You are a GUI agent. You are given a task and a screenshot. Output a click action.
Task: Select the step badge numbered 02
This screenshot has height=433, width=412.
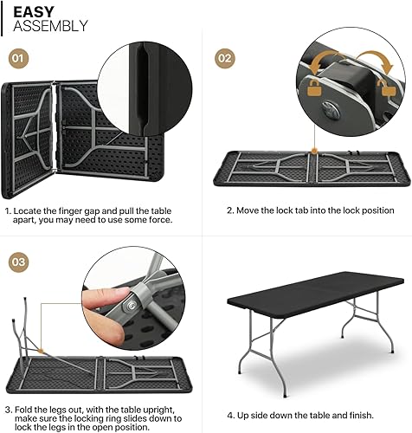pos(226,59)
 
